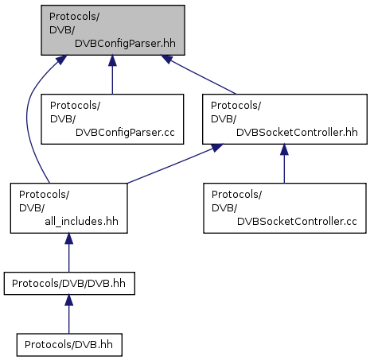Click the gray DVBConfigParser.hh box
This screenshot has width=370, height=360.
(113, 30)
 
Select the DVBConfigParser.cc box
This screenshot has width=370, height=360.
(112, 119)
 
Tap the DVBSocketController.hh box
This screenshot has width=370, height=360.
(285, 119)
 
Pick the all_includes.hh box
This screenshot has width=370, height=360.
(69, 208)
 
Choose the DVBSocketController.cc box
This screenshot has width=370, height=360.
(285, 208)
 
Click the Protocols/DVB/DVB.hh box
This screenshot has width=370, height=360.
(69, 284)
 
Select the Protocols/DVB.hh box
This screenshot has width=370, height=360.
(69, 345)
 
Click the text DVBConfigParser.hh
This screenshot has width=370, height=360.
(125, 44)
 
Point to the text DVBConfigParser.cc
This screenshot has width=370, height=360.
(125, 133)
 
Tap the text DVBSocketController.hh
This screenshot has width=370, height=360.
(297, 133)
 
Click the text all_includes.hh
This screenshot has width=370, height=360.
(81, 222)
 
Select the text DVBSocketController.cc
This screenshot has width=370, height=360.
(297, 222)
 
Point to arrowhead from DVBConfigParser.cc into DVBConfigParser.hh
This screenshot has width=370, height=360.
(112, 60)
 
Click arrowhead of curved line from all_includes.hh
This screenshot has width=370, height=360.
(61, 60)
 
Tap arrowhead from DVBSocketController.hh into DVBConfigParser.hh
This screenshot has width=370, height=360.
(167, 59)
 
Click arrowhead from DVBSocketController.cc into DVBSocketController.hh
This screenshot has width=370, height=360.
(284, 149)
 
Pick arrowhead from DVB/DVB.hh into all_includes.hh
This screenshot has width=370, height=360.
(69, 238)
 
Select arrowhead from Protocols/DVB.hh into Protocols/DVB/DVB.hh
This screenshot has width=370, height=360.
(69, 300)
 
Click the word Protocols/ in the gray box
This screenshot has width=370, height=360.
(74, 17)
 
